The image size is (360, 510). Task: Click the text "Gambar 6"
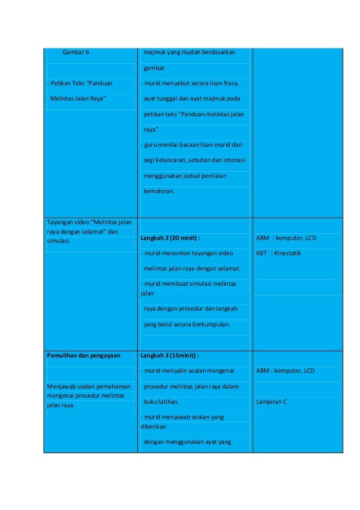click(x=76, y=53)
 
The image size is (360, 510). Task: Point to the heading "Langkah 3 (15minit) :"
click(x=169, y=355)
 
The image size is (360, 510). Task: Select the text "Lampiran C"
click(x=271, y=402)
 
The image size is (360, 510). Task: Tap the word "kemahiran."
click(x=160, y=191)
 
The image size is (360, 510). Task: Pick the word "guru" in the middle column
click(x=150, y=145)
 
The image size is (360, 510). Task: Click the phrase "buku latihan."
click(x=161, y=402)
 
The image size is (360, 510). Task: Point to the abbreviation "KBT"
click(x=262, y=253)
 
